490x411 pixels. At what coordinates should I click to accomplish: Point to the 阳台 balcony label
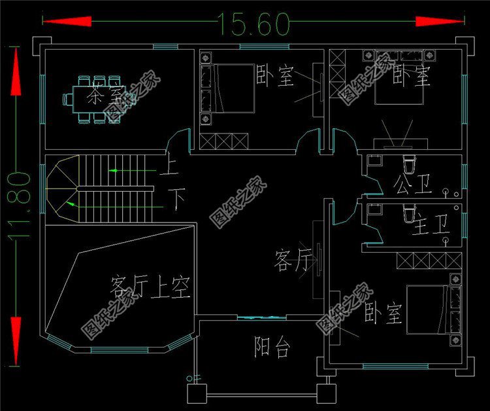[272, 348]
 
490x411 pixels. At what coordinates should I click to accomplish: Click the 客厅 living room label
[291, 262]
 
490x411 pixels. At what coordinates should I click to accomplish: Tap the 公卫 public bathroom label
[413, 185]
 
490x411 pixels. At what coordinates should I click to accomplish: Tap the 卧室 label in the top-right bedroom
[412, 77]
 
